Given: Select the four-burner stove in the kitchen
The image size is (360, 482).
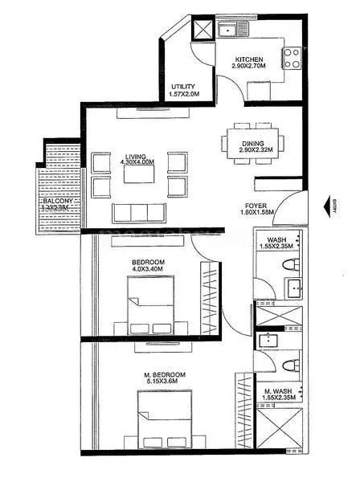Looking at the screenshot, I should click(290, 56).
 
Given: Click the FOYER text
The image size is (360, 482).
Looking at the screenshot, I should click(256, 206).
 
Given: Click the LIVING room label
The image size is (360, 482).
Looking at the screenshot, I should click(135, 157).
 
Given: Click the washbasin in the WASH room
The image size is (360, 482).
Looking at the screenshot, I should click(291, 287).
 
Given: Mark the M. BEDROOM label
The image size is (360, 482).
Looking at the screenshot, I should click(165, 374).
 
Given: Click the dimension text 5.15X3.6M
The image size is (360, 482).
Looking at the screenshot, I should click(165, 382).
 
